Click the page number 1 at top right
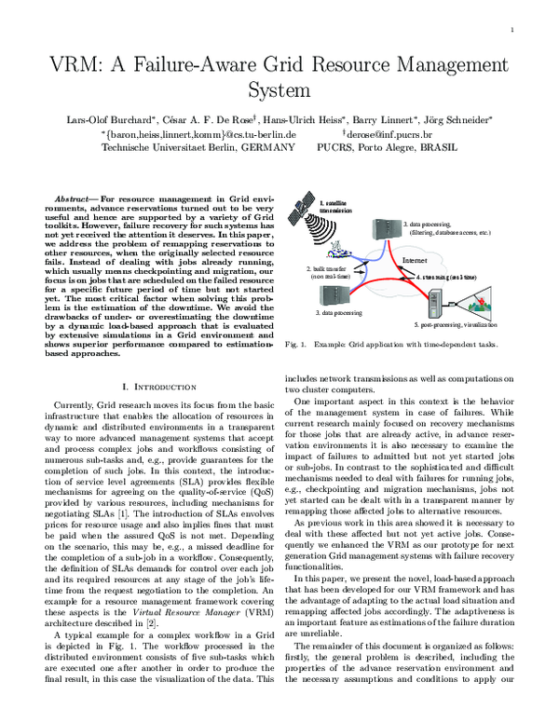pyautogui.click(x=512, y=30)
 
